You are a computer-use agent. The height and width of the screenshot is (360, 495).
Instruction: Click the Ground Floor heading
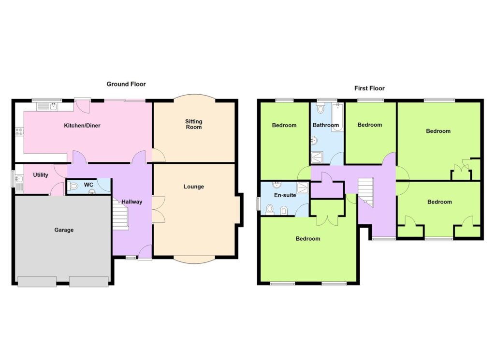[x=126, y=84]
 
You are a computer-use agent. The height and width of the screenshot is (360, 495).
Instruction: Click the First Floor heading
[x=369, y=88]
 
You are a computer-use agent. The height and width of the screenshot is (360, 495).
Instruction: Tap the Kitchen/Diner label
[x=82, y=126]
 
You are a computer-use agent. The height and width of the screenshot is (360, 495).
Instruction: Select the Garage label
[x=64, y=230]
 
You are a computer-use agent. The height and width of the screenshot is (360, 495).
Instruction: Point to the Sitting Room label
[x=193, y=124]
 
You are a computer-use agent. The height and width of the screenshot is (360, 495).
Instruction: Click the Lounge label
[x=193, y=187]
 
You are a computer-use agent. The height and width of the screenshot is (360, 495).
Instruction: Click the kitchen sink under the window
[x=47, y=107]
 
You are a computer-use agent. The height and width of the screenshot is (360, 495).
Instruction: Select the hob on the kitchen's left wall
[x=19, y=131]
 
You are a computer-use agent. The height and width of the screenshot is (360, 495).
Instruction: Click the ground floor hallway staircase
[x=120, y=213]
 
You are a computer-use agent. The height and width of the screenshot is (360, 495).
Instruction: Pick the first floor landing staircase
[x=365, y=192]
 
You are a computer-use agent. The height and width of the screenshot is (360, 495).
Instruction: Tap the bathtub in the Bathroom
[x=337, y=117]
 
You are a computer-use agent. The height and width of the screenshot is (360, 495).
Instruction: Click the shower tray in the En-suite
[x=303, y=187]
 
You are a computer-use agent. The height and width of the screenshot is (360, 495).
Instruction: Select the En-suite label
[x=285, y=195]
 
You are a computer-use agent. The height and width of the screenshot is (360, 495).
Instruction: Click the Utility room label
[x=41, y=175]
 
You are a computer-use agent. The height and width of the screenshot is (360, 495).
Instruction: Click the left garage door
[x=37, y=282]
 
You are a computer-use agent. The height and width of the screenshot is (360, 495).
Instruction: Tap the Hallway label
[x=132, y=202]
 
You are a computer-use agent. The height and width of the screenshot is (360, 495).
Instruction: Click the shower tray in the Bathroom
[x=317, y=158]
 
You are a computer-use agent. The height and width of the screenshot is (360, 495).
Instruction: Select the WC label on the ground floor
[x=89, y=185]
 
